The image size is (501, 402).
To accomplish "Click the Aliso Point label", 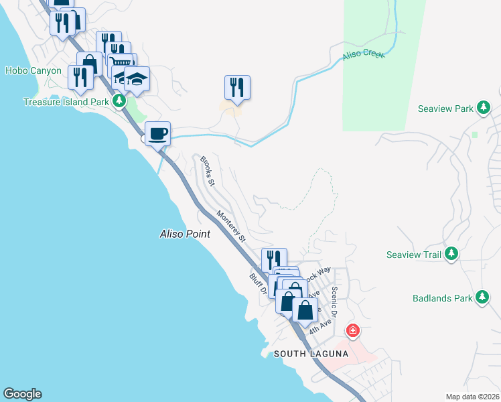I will [185, 234].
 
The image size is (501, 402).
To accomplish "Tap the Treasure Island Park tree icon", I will [119, 101].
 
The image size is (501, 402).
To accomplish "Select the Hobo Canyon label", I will [33, 70].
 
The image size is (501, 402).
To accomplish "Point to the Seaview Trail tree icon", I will [451, 254].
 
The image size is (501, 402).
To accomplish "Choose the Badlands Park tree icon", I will [482, 297].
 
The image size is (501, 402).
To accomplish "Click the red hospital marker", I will [352, 331].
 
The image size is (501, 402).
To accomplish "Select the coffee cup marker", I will [157, 133].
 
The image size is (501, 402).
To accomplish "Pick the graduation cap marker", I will [137, 79].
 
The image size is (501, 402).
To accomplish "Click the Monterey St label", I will [231, 226].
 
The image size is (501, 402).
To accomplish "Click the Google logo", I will [22, 394].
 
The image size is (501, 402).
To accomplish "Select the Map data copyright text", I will [472, 397].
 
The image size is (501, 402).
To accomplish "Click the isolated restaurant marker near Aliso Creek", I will [237, 87].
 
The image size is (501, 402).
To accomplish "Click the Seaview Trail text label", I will [414, 255].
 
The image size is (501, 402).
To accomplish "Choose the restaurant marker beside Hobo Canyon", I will [80, 77].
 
